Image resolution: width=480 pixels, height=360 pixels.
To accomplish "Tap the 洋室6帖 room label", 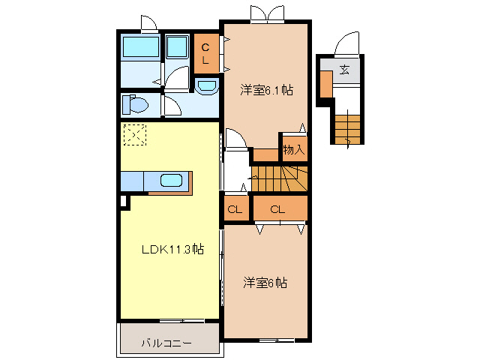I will pyautogui.click(x=265, y=283).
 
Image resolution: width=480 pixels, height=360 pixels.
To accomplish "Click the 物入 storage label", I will pyautogui.click(x=293, y=150).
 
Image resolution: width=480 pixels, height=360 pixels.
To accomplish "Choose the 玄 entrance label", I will pyautogui.click(x=344, y=70).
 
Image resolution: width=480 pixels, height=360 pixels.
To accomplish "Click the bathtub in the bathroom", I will pyautogui.click(x=140, y=47).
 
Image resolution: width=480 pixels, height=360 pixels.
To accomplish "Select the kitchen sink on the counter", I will pyautogui.click(x=171, y=180).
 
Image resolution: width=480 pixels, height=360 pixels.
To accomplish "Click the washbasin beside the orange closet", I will pyautogui.click(x=207, y=87).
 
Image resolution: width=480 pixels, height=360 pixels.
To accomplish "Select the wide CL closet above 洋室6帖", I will pyautogui.click(x=279, y=209).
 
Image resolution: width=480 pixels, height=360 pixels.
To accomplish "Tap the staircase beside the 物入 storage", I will pyautogui.click(x=277, y=179).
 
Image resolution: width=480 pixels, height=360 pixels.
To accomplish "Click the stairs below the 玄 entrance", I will pyautogui.click(x=348, y=125).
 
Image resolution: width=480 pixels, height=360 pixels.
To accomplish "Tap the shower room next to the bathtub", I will pyautogui.click(x=178, y=47).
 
